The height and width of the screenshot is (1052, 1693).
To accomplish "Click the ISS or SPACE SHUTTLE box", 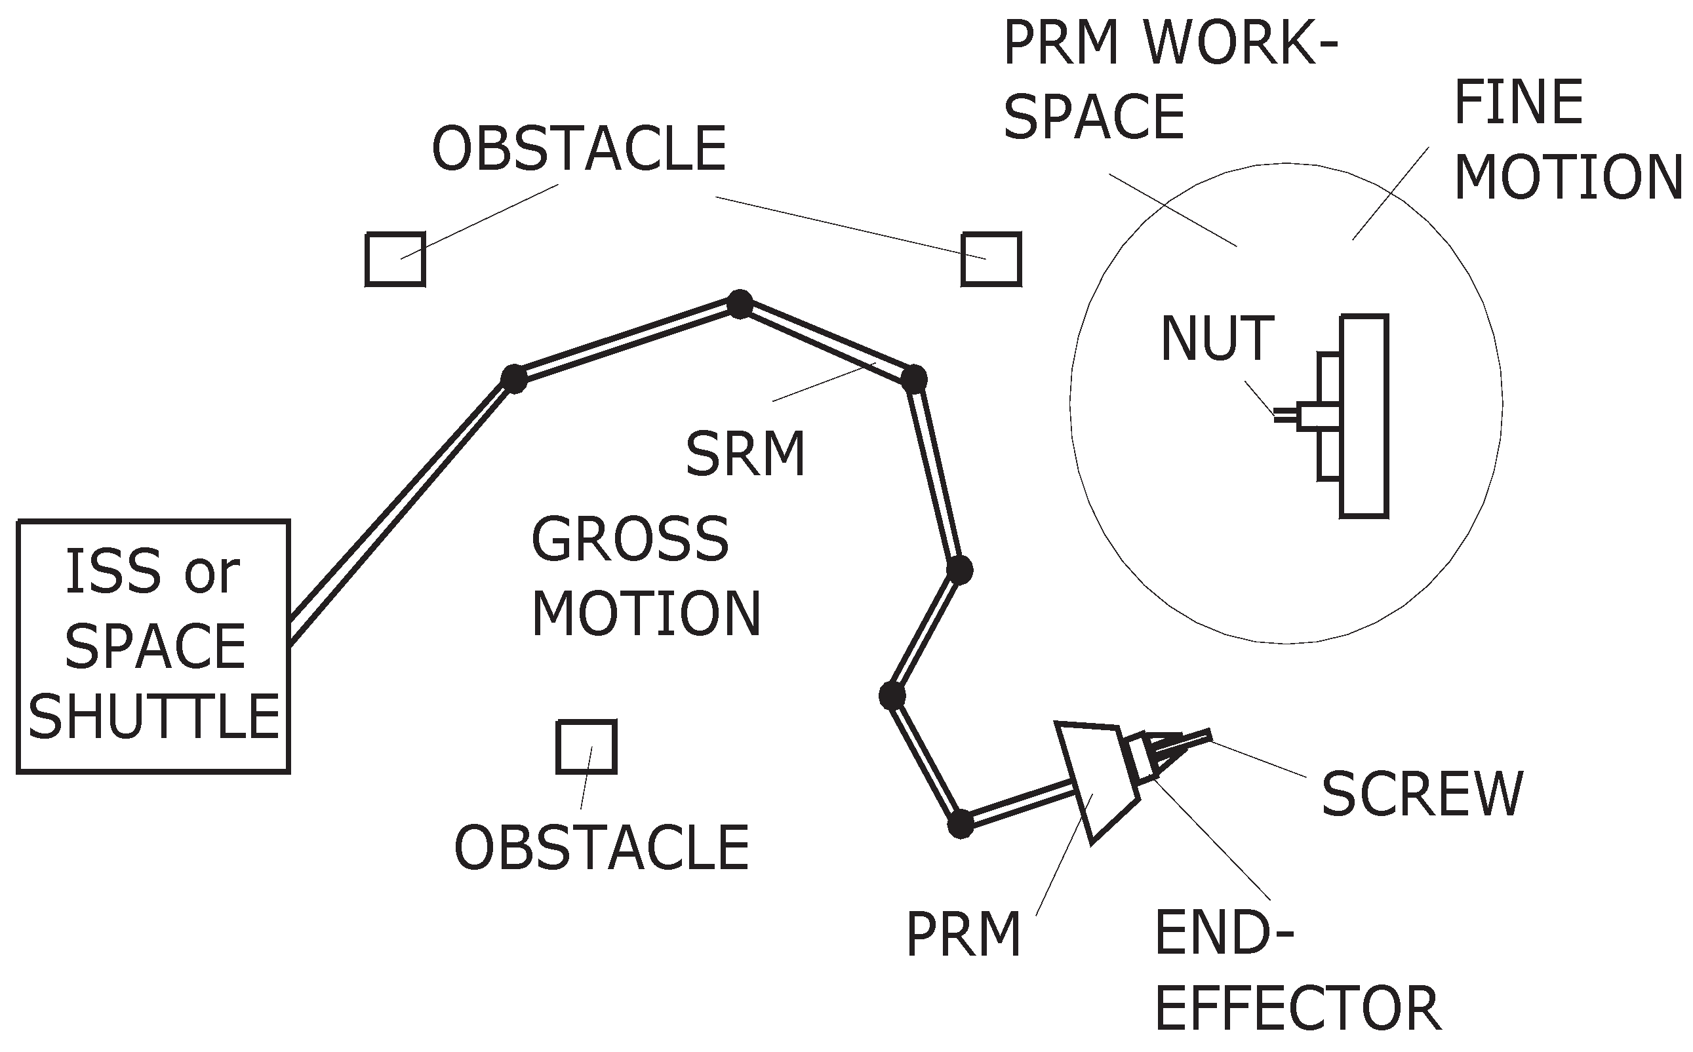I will (x=153, y=646).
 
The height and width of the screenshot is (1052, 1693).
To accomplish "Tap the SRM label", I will (x=745, y=454).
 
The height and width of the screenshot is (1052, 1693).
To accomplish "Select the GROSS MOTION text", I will (x=645, y=577).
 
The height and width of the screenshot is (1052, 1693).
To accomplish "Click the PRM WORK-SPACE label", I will (x=1169, y=80).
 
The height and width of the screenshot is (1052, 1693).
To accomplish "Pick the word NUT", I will (x=1217, y=340).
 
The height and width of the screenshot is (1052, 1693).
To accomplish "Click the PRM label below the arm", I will (x=963, y=935).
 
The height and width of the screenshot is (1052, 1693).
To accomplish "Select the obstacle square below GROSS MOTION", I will (x=586, y=747).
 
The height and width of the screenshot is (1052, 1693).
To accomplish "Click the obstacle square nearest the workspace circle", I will (x=991, y=260).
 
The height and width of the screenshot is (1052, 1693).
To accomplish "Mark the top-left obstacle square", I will (x=395, y=260).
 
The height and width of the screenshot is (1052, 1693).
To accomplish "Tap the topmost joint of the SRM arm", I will (x=740, y=304).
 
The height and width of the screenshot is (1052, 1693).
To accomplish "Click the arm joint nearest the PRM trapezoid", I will (x=961, y=825).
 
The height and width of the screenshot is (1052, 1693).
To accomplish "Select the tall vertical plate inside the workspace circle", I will (x=1364, y=416).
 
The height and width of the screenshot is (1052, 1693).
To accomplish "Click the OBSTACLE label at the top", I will (x=579, y=149).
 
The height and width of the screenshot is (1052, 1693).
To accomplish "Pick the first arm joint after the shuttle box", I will (x=514, y=380).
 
